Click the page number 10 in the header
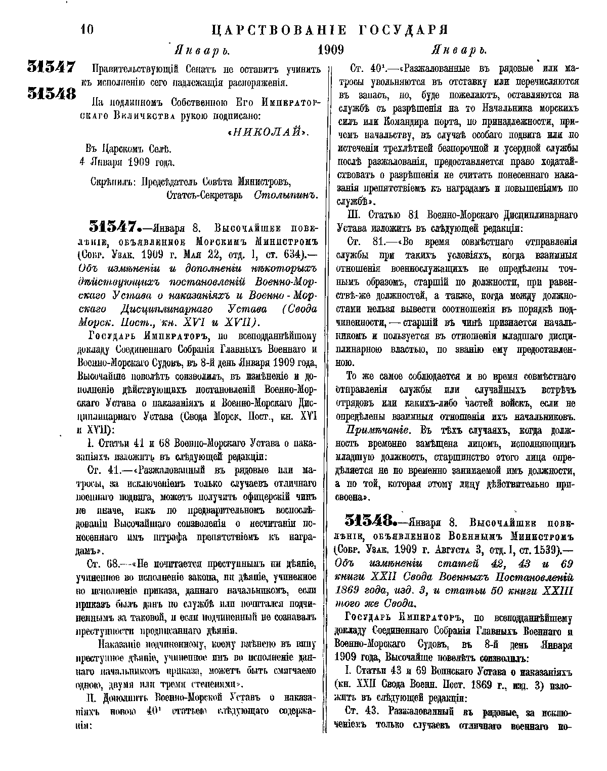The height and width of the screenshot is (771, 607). point(86,30)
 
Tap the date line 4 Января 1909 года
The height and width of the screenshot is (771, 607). point(129,163)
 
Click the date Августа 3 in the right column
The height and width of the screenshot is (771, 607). point(455,549)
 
